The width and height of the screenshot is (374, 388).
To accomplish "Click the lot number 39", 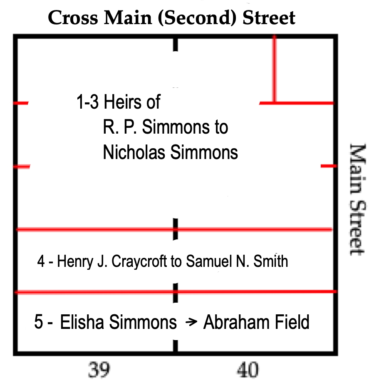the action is (99, 370).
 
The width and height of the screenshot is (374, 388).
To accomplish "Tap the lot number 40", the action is (248, 370).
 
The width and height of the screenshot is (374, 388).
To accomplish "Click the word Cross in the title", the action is (73, 18).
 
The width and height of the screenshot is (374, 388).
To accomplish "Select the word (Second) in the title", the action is (197, 18).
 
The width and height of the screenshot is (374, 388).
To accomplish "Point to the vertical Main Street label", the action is (357, 199).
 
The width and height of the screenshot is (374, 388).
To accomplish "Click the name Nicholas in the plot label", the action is (134, 152).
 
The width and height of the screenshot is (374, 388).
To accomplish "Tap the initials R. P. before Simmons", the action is (120, 127).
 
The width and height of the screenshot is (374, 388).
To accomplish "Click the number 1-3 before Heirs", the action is (87, 102).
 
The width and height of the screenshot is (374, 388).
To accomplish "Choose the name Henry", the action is (75, 261).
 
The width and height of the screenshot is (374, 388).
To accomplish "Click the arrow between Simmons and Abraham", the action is (191, 322).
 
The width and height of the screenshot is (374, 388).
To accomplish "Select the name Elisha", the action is (82, 322).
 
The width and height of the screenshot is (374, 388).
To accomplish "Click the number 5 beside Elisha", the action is (38, 322).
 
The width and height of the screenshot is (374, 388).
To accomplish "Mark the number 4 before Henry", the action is (41, 261).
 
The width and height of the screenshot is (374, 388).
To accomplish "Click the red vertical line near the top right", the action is (274, 69).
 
